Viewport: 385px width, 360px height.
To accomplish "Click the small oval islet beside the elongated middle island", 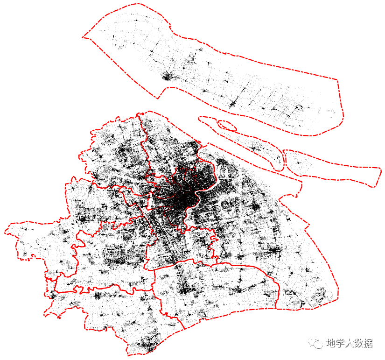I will pyautogui.click(x=227, y=125).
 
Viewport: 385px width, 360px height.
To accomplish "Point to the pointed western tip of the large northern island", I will pyautogui.click(x=84, y=36).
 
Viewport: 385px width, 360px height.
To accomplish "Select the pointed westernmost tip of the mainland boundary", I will pyautogui.click(x=6, y=230).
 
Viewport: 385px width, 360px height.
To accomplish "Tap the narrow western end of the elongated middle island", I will pyautogui.click(x=200, y=118).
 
